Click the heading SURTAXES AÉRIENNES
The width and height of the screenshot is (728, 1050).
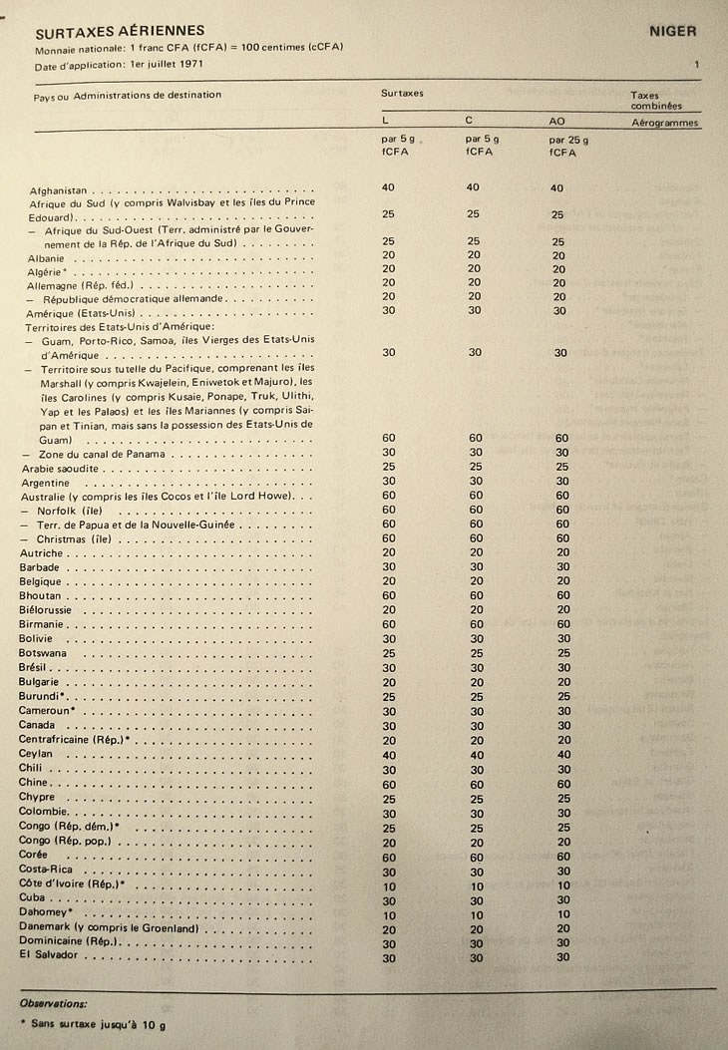(x=120, y=31)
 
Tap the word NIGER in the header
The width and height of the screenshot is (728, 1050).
(x=672, y=31)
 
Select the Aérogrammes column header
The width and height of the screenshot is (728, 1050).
(x=665, y=124)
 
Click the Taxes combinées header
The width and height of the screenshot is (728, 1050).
(x=655, y=100)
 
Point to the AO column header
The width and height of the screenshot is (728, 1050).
(x=557, y=122)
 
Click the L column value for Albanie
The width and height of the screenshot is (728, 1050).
(x=389, y=255)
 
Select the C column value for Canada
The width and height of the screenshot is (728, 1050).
(x=474, y=725)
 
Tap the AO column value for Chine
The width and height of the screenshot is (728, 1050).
(x=563, y=784)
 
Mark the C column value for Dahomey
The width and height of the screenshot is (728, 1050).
(x=475, y=913)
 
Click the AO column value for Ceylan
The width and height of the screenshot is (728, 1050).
(x=563, y=755)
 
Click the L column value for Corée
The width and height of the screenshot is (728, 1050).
(x=390, y=856)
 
